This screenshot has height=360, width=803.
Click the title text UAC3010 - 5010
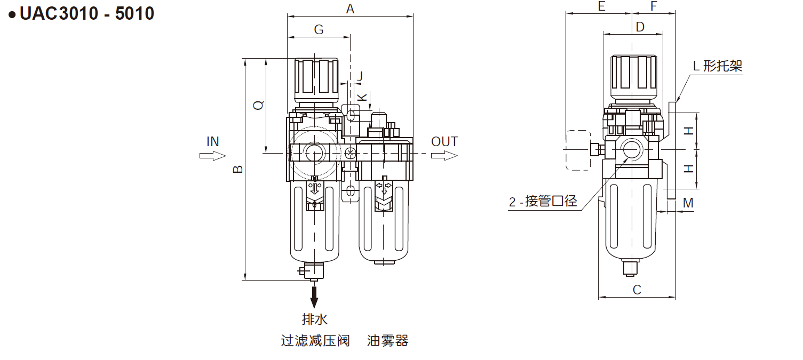[x=86, y=14]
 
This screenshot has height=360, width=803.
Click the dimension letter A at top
[x=350, y=9]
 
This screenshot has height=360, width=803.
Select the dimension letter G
[x=319, y=29]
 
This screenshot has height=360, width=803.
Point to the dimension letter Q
[x=258, y=105]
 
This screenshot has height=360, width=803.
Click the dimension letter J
[x=360, y=76]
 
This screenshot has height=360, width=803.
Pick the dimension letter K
[x=362, y=97]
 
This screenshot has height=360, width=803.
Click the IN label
[x=212, y=141]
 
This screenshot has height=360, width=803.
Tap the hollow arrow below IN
[x=212, y=155]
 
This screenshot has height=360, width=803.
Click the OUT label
[x=444, y=141]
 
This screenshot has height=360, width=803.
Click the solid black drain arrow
[x=314, y=297]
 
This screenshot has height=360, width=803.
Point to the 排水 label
[x=314, y=319]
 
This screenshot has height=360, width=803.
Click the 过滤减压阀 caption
[x=315, y=341]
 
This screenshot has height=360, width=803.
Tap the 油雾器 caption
[x=387, y=341]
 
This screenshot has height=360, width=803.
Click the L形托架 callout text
[x=717, y=66]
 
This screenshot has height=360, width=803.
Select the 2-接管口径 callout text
[x=543, y=202]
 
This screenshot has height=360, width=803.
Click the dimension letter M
[x=688, y=203]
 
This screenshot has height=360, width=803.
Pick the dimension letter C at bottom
[x=637, y=290]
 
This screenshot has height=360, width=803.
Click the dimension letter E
[x=601, y=6]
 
